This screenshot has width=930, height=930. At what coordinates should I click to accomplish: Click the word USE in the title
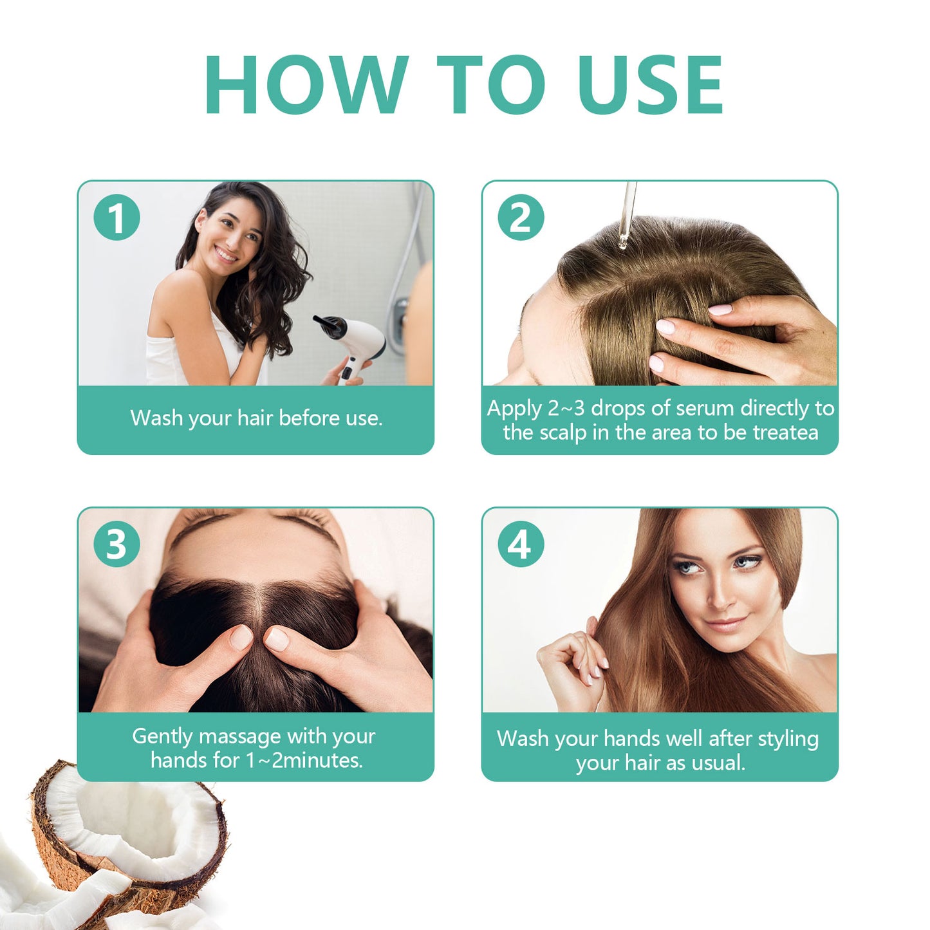pyautogui.click(x=651, y=85)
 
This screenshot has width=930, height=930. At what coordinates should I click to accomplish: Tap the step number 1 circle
pyautogui.click(x=116, y=218)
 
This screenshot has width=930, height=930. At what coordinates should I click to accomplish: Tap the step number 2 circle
pyautogui.click(x=521, y=218)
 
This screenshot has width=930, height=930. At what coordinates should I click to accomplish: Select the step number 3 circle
pyautogui.click(x=116, y=544)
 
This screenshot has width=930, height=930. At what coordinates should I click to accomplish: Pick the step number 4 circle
pyautogui.click(x=521, y=544)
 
